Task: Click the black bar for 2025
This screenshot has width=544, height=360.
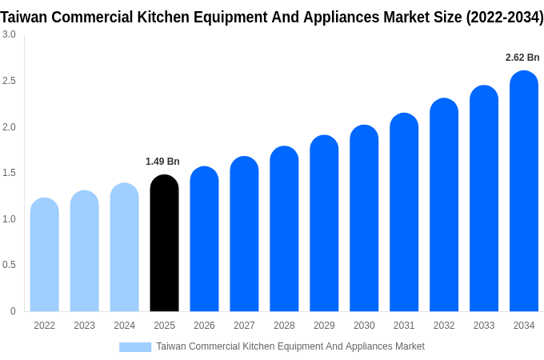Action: tap(164, 243)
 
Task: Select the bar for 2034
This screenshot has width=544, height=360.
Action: tap(524, 191)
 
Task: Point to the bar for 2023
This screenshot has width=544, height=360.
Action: tap(85, 251)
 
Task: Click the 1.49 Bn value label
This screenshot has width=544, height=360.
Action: tap(162, 162)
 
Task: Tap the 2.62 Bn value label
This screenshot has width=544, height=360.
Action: tap(522, 58)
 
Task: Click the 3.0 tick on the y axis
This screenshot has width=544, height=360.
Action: tap(9, 34)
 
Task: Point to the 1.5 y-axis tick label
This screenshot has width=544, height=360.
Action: tap(9, 173)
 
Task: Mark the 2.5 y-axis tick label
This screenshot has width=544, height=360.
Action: tap(9, 81)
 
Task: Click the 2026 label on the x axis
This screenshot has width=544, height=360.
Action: tap(204, 326)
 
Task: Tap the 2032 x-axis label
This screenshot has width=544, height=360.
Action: tap(444, 326)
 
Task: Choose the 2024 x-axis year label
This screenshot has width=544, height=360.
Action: tap(124, 326)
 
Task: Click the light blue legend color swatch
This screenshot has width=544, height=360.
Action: tap(135, 347)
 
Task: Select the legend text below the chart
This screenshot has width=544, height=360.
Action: tap(290, 346)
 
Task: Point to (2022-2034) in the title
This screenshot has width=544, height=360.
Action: tap(505, 17)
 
